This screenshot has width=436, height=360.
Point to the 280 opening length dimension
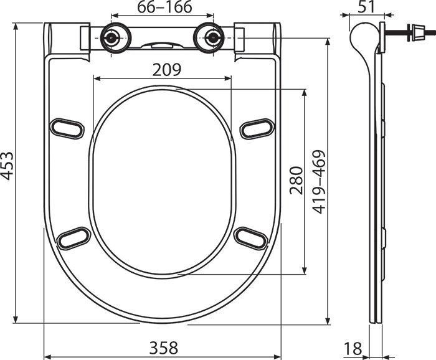(x=295, y=181)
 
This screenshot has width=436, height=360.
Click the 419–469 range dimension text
(x=319, y=182)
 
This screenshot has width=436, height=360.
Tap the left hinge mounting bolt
(x=112, y=37)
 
